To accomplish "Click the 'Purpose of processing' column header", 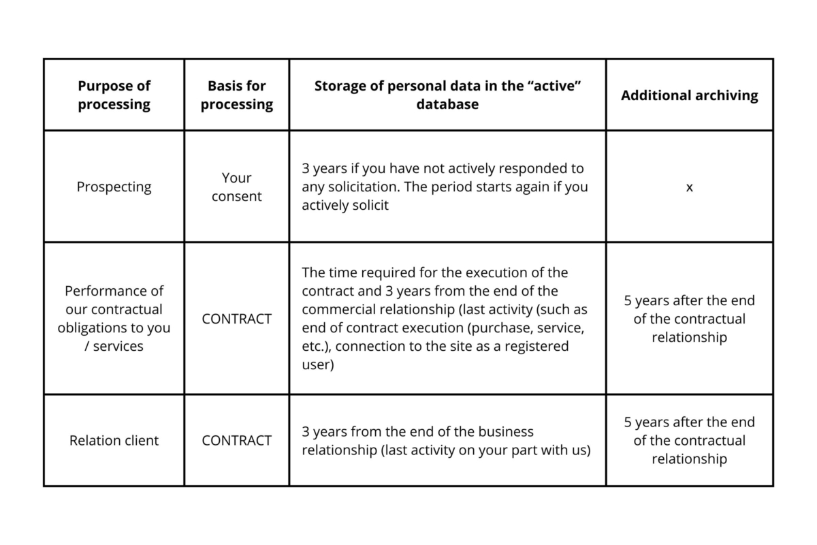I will [114, 95].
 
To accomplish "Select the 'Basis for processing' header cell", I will [236, 95].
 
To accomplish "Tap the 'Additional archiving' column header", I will [689, 95].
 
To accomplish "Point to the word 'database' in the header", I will [447, 104].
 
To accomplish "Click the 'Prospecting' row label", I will [114, 187].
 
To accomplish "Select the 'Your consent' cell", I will [236, 187].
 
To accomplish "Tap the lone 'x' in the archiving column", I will [689, 187].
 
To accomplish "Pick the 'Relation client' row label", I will [114, 440].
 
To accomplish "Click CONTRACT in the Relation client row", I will [236, 440].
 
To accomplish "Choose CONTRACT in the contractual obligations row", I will [236, 318].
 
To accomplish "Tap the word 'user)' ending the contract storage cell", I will [317, 364].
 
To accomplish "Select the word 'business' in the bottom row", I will [500, 431].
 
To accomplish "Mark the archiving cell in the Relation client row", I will [689, 440].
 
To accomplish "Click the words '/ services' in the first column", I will [114, 346].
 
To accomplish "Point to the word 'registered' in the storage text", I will [536, 346].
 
